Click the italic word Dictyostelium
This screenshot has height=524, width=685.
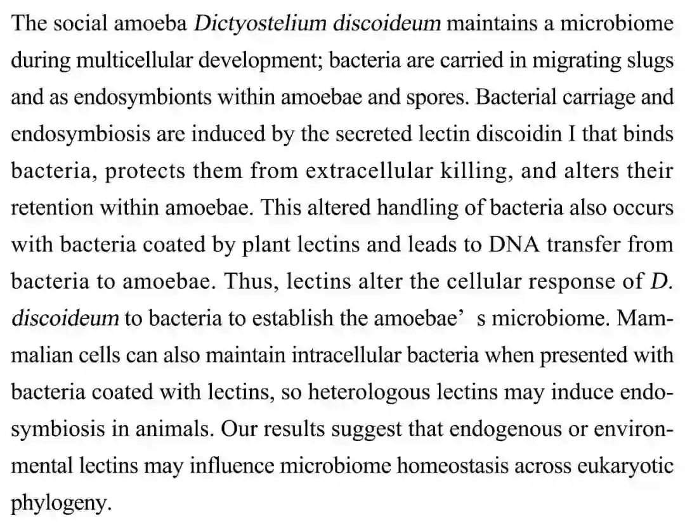pyautogui.click(x=261, y=25)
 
